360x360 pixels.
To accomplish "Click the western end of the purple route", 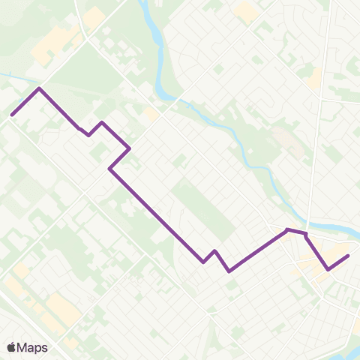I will tap(12, 115).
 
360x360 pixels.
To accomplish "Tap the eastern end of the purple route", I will tap(349, 256).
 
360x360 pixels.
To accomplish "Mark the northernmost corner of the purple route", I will tap(39, 88).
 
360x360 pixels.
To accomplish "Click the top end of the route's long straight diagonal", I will tap(110, 169).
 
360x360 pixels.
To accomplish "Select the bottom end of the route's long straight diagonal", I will tap(203, 262).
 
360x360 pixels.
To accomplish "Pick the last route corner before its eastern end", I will tap(328, 269).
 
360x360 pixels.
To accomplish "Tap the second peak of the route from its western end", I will tap(101, 122).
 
